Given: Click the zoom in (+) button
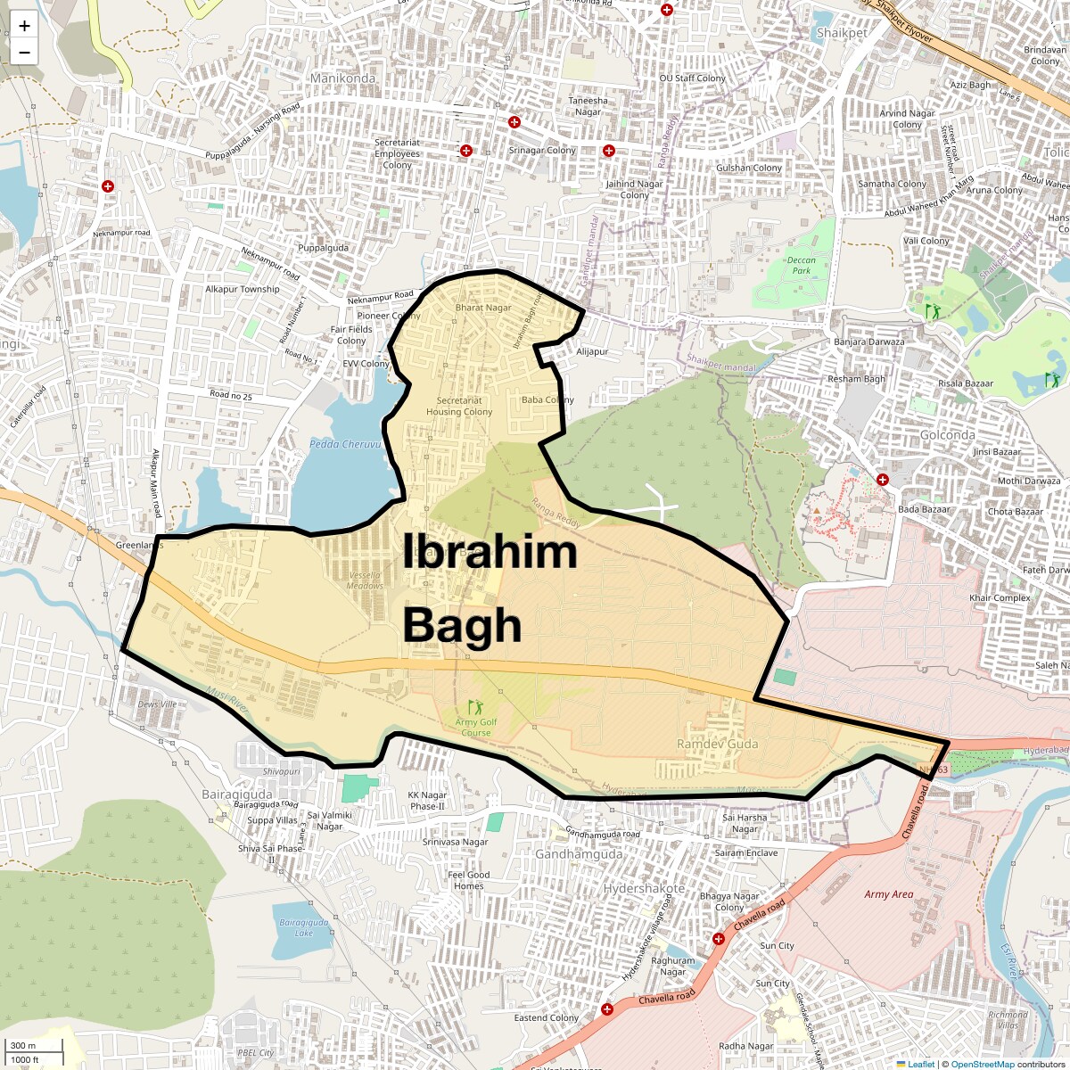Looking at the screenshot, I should click(x=24, y=26).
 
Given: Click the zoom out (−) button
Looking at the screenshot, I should click(x=24, y=53).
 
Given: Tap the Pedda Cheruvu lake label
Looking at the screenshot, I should click(x=345, y=444).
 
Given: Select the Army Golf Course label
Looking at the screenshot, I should click(x=476, y=728).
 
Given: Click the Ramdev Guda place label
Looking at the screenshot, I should click(x=717, y=744).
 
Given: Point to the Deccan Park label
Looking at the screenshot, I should click(x=801, y=266).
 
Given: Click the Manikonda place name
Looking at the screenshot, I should click(x=342, y=78).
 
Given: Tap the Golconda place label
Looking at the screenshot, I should click(x=947, y=435).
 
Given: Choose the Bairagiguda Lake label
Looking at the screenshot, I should click(x=303, y=927).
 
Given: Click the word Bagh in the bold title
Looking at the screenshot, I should click(x=462, y=626).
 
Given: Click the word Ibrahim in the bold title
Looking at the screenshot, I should click(x=490, y=552).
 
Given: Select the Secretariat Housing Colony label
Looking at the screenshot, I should click(x=459, y=407).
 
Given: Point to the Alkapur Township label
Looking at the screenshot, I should click(x=243, y=289).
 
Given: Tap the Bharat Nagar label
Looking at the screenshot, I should click(x=483, y=308).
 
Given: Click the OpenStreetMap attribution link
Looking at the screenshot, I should click(x=982, y=1064).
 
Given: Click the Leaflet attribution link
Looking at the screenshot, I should click(x=921, y=1064).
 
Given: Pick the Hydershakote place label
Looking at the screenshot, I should click(x=644, y=889).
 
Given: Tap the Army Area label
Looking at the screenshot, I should click(x=888, y=894).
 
